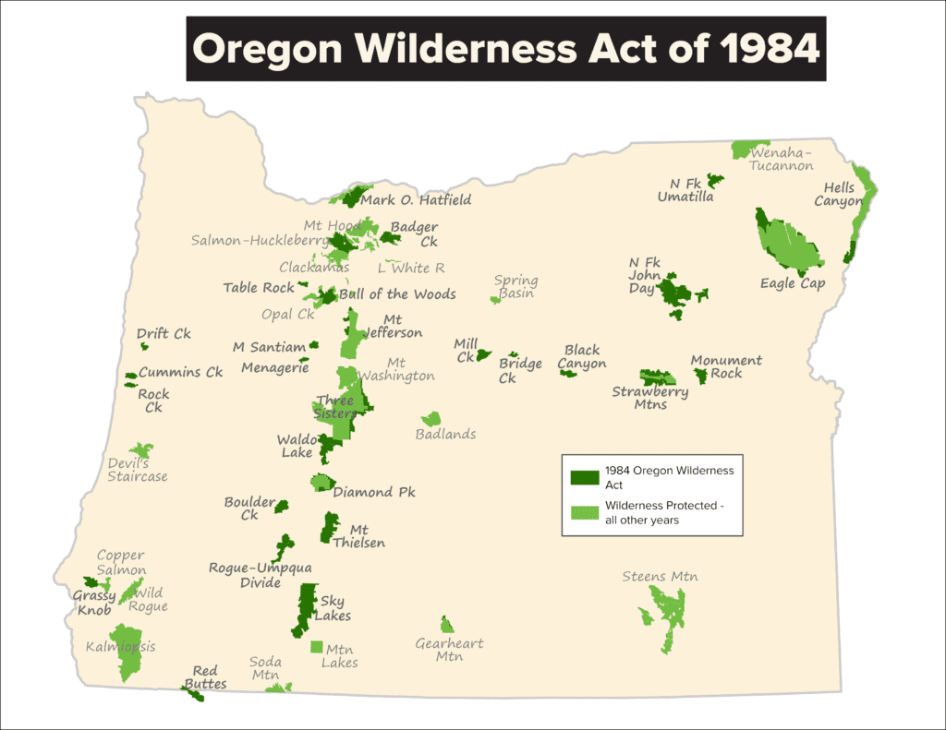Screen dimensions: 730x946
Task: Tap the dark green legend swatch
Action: [x=584, y=477]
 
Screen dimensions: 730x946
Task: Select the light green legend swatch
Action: [x=584, y=513]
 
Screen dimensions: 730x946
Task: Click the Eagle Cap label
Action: [x=792, y=283]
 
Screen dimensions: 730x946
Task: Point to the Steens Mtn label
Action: [x=659, y=577]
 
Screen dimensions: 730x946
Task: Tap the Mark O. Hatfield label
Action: [x=416, y=199]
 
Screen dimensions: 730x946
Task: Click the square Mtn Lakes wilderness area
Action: [x=317, y=647]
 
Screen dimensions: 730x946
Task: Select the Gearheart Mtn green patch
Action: [x=447, y=625]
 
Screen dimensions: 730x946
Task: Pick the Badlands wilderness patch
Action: [x=431, y=419]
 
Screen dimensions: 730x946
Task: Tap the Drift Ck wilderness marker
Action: [x=144, y=347]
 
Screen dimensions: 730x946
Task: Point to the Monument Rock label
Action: [x=726, y=366]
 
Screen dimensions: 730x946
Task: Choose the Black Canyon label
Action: [x=582, y=356]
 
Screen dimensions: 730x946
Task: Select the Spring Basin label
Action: [x=515, y=287]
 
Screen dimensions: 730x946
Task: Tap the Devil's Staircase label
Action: [x=137, y=470]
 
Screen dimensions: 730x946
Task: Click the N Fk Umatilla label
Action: [x=685, y=189]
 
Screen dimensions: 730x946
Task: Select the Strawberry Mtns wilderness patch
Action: [x=657, y=377]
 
